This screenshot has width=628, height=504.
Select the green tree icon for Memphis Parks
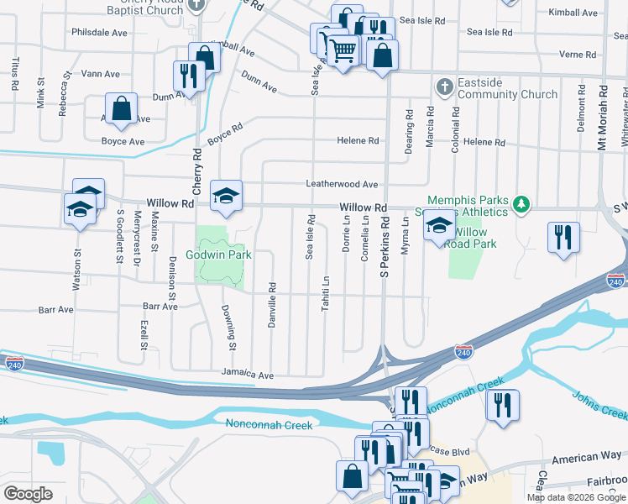click(x=522, y=203)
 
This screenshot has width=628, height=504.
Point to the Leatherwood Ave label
click(x=342, y=184)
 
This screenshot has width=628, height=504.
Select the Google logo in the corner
click(x=28, y=494)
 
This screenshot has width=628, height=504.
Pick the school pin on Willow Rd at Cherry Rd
click(x=226, y=196)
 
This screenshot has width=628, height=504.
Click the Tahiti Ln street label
click(x=326, y=293)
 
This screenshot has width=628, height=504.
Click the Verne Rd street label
click(x=578, y=55)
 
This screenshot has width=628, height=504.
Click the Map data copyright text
click(x=575, y=497)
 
